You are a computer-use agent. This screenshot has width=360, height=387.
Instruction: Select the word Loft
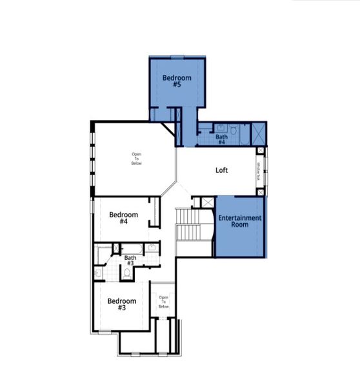pos(222,171)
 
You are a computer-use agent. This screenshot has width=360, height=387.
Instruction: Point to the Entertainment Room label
pos(239,222)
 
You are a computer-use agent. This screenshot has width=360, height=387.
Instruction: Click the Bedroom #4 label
pos(123,218)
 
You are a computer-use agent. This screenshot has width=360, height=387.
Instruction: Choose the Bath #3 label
pos(130,261)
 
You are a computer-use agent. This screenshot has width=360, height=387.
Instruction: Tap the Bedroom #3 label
pos(121,304)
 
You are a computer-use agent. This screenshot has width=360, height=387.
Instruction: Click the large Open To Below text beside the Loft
pos(137,159)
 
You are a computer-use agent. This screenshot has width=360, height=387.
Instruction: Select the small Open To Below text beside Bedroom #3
pos(163,302)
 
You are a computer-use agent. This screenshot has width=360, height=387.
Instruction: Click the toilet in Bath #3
pos(127,273)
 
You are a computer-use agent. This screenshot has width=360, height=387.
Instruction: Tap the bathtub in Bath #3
pos(132,248)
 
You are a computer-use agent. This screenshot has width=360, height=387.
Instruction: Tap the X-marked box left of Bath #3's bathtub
pos(117,248)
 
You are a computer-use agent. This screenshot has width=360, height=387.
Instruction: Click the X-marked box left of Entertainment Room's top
pos(207,203)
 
